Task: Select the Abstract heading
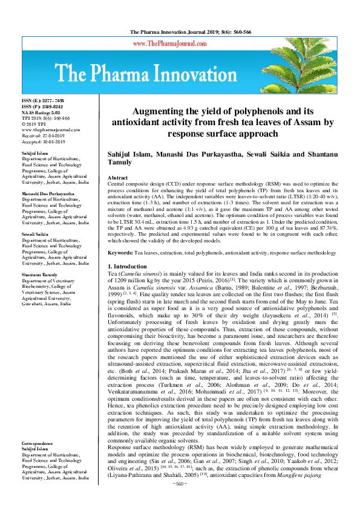117,178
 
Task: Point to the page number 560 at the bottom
180,501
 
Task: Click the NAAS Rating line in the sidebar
41,112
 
